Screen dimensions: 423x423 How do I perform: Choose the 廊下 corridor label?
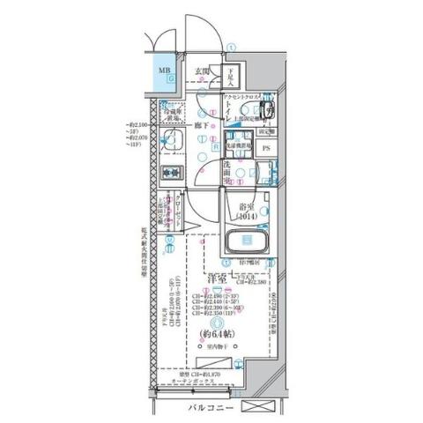(201, 126)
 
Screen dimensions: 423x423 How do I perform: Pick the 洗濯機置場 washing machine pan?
(239, 143)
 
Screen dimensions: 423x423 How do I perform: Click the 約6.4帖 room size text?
(218, 335)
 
